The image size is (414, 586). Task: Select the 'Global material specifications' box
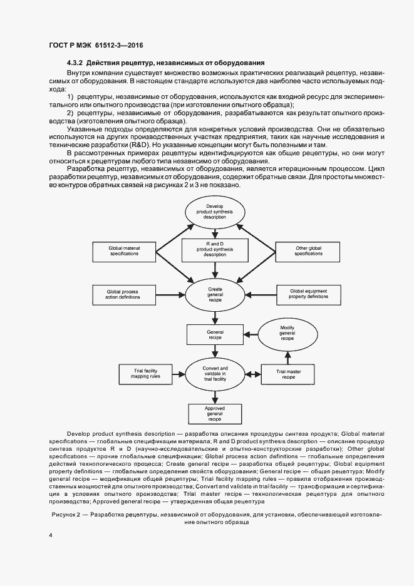coord(124,252)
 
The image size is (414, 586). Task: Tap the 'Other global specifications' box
coord(308,252)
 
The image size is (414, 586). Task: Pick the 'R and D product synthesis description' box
coord(215,249)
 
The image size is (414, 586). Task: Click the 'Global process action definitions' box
coord(124,294)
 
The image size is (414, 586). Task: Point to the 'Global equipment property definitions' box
coord(308,294)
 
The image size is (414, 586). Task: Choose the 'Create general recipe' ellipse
coord(215,294)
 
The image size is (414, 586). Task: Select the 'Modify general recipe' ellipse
coord(287,332)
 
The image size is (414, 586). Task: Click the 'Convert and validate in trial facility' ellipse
coord(215,374)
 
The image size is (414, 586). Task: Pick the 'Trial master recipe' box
coord(287,374)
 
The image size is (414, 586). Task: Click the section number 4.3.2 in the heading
coord(76,63)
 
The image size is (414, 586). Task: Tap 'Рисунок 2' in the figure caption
coord(68,514)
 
